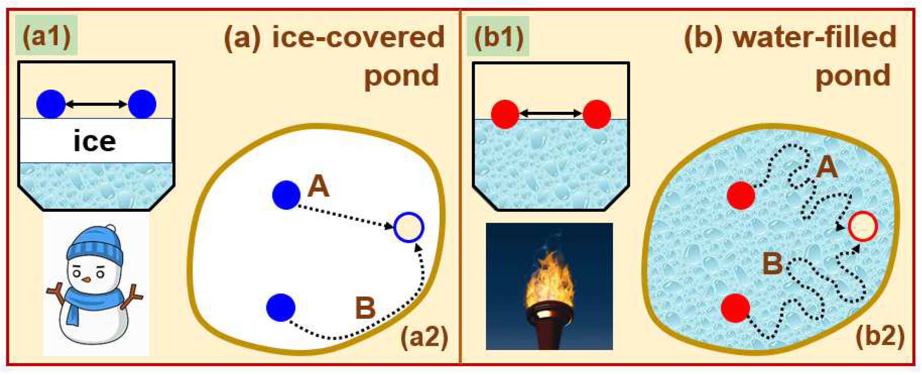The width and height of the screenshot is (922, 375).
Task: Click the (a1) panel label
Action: (46, 36)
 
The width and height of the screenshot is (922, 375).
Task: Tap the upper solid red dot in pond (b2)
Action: (741, 195)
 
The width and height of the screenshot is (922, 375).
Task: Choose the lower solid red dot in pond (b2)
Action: (735, 308)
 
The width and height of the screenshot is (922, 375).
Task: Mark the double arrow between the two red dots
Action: (550, 114)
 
